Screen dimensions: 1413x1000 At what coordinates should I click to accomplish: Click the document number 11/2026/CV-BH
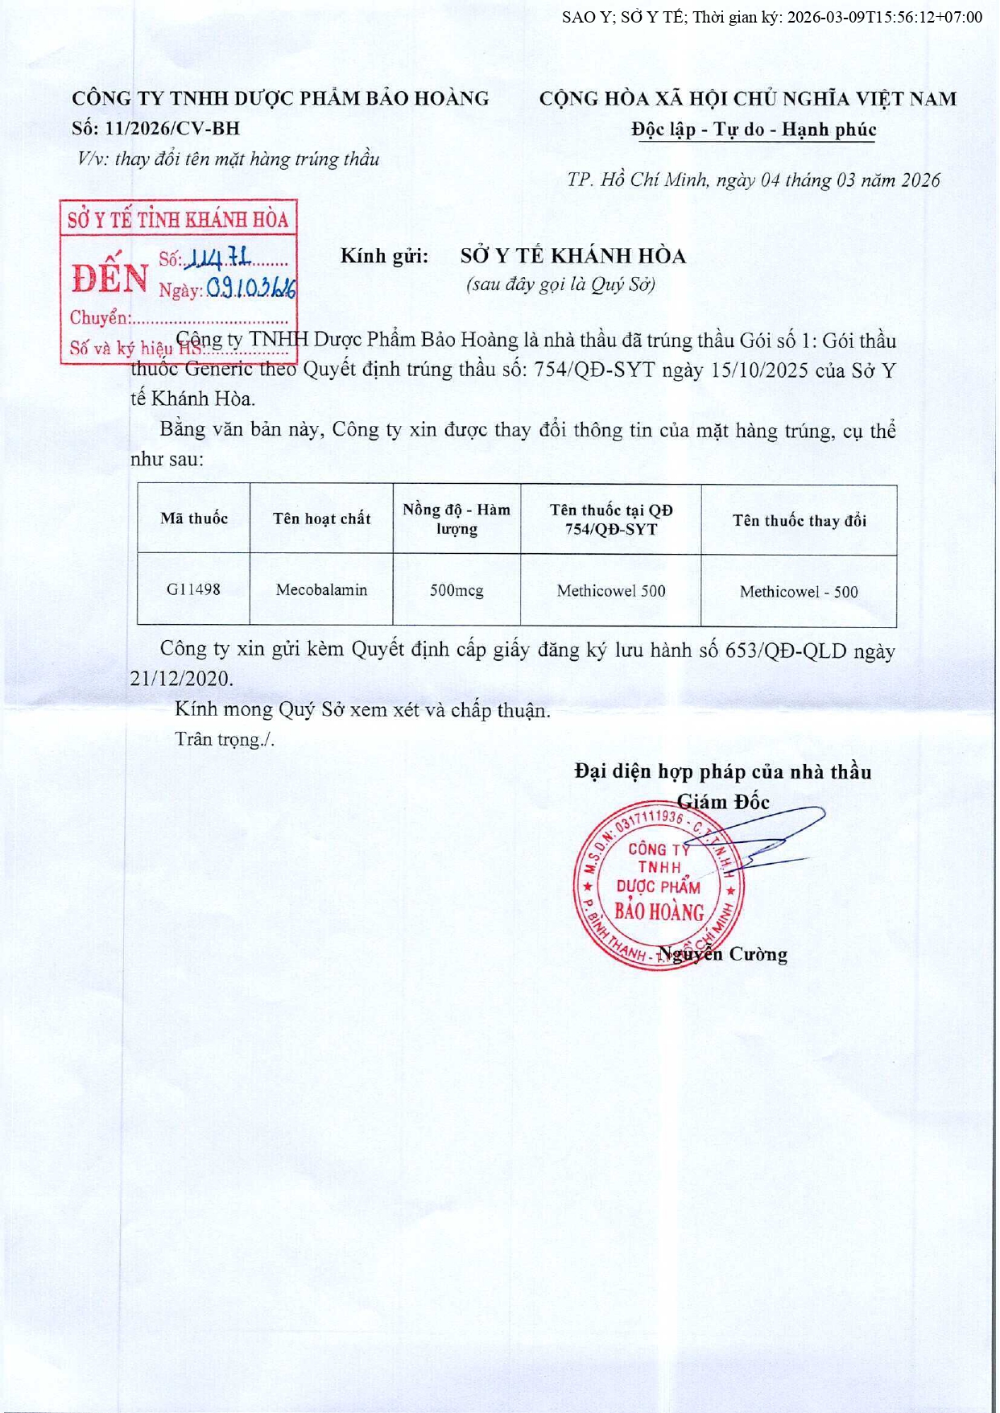pyautogui.click(x=172, y=129)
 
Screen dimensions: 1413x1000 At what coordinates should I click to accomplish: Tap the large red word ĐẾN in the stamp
pyautogui.click(x=110, y=279)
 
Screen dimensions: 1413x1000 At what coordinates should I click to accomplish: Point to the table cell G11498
pyautogui.click(x=193, y=589)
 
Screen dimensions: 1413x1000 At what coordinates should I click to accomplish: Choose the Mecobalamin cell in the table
pyautogui.click(x=321, y=590)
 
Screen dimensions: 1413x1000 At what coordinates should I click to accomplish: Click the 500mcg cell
pyautogui.click(x=457, y=590)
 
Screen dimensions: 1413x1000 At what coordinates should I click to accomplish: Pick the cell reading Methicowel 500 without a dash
pyautogui.click(x=611, y=591)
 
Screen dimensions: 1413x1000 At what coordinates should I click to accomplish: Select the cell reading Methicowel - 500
pyautogui.click(x=799, y=592)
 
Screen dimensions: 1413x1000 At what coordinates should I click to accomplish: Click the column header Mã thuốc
pyautogui.click(x=193, y=519)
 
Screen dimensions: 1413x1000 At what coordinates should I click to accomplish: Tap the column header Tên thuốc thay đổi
pyautogui.click(x=799, y=521)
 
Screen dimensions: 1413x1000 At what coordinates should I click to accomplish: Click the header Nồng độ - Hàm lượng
pyautogui.click(x=457, y=519)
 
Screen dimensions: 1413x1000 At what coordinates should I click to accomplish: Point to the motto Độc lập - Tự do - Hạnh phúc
pyautogui.click(x=754, y=130)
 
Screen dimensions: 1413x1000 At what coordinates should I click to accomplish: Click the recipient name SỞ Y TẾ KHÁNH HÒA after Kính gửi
pyautogui.click(x=572, y=256)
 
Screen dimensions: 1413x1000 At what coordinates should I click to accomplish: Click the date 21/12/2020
pyautogui.click(x=181, y=679)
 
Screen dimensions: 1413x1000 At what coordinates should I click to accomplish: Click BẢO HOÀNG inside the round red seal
pyautogui.click(x=659, y=912)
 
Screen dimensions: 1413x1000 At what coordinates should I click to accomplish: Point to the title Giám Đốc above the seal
pyautogui.click(x=723, y=802)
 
